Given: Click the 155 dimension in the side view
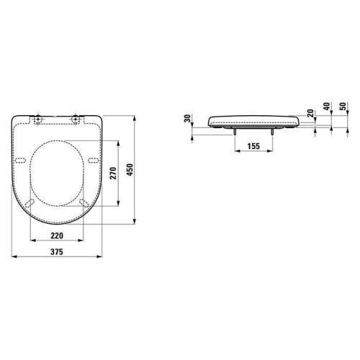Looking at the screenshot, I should tap(254, 146).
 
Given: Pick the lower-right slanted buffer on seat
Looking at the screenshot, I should tap(85, 204).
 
